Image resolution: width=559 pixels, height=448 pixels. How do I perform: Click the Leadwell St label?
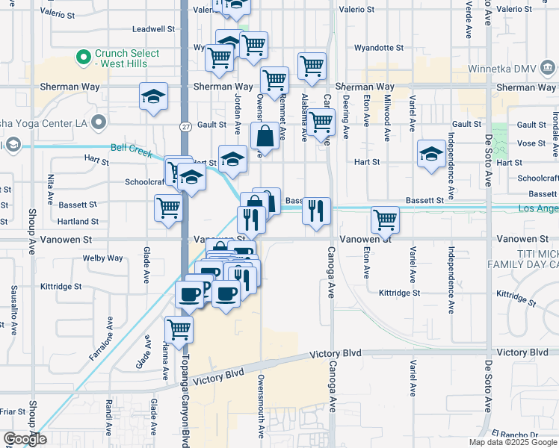point(152,29)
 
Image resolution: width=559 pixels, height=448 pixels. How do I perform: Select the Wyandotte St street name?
point(383,48)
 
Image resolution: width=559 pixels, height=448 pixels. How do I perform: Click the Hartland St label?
point(78,222)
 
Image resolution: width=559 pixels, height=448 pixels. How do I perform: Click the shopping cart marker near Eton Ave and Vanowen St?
point(386,220)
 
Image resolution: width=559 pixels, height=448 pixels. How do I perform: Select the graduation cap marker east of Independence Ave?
point(431,154)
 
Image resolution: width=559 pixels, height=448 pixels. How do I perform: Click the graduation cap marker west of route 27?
point(153,96)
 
